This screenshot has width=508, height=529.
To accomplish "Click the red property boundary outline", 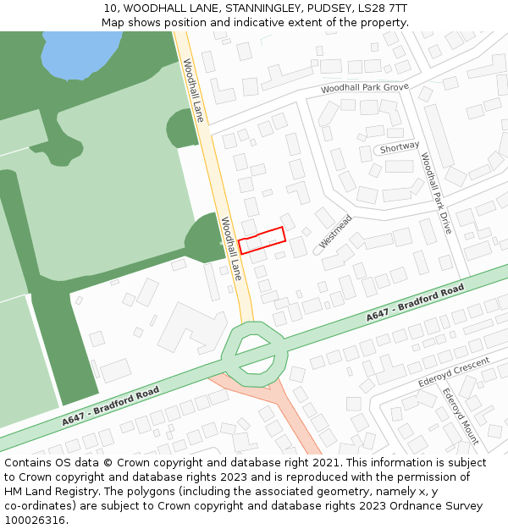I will (x=262, y=240).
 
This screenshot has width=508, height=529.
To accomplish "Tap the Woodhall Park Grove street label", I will (x=364, y=88).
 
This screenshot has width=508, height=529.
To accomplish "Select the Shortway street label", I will (x=399, y=147).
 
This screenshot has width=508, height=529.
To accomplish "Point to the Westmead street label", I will (x=335, y=231).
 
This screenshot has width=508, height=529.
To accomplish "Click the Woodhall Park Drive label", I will (x=436, y=194).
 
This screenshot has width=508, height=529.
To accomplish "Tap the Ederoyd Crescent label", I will (x=454, y=372).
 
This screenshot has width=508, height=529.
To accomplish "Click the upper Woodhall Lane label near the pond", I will (x=193, y=90).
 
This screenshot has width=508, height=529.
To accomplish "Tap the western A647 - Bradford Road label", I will (x=110, y=406).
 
